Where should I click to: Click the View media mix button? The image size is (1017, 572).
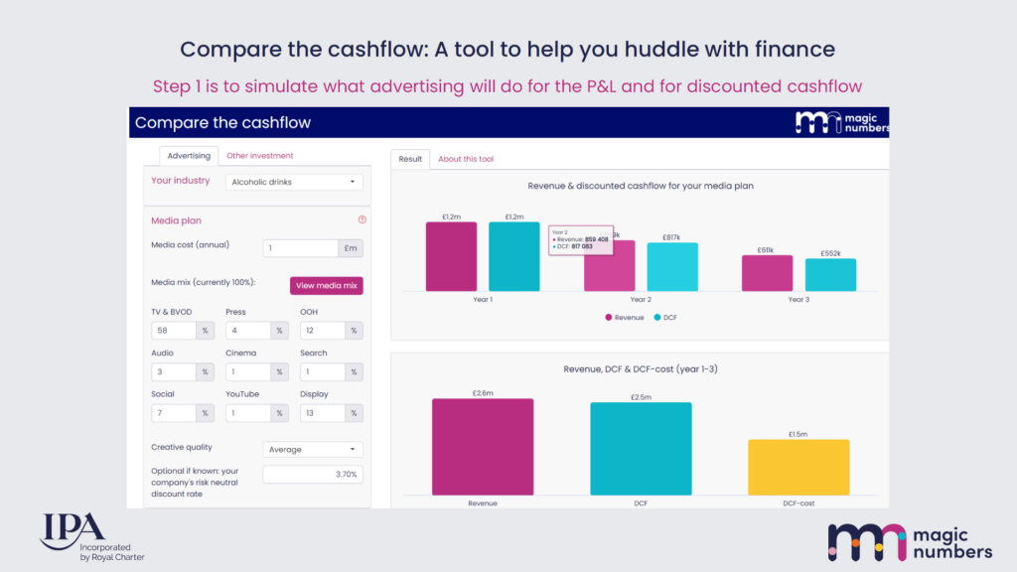coord(327,286)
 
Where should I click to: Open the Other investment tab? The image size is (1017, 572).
coord(259,156)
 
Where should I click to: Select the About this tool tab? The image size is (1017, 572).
coord(466,159)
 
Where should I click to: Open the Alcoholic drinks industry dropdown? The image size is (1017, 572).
coord(293,182)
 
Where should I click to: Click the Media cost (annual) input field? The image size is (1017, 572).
coord(301,248)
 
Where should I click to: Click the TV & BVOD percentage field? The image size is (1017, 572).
coord(174,331)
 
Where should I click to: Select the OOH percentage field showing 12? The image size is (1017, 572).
coord(322,331)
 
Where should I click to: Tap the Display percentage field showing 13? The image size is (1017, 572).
coord(322,413)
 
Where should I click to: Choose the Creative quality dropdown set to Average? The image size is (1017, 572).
coord(313,450)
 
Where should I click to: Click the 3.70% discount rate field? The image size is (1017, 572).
coord(313,475)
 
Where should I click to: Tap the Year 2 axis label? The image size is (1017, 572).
coord(641,299)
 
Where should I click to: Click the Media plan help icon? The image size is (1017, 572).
coord(362,220)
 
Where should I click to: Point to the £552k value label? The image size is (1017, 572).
coord(830,253)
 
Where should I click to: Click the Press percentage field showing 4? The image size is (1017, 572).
coord(248,331)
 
